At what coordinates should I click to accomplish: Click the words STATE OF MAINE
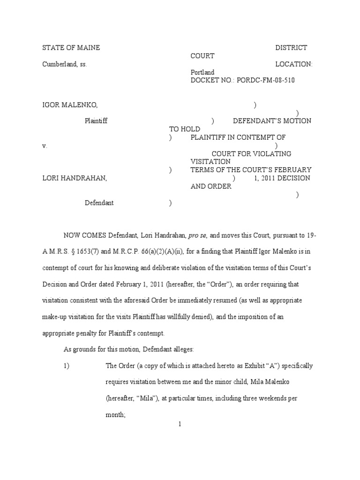pyautogui.click(x=71, y=48)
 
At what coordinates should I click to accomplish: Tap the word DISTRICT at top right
pyautogui.click(x=291, y=48)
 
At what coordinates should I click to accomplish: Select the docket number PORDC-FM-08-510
pyautogui.click(x=266, y=81)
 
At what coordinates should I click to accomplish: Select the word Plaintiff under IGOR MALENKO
pyautogui.click(x=96, y=121)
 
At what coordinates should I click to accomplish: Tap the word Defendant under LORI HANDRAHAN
pyautogui.click(x=99, y=203)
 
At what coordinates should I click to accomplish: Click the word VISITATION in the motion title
pyautogui.click(x=210, y=162)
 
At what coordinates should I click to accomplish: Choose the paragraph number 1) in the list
pyautogui.click(x=67, y=366)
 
